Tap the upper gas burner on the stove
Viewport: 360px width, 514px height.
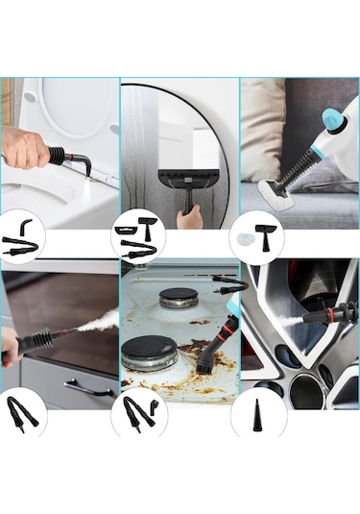click(179, 297)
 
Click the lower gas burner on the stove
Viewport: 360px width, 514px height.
click(151, 351)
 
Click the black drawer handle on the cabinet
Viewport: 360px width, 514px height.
click(89, 388)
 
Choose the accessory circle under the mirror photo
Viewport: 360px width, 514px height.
click(138, 236)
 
